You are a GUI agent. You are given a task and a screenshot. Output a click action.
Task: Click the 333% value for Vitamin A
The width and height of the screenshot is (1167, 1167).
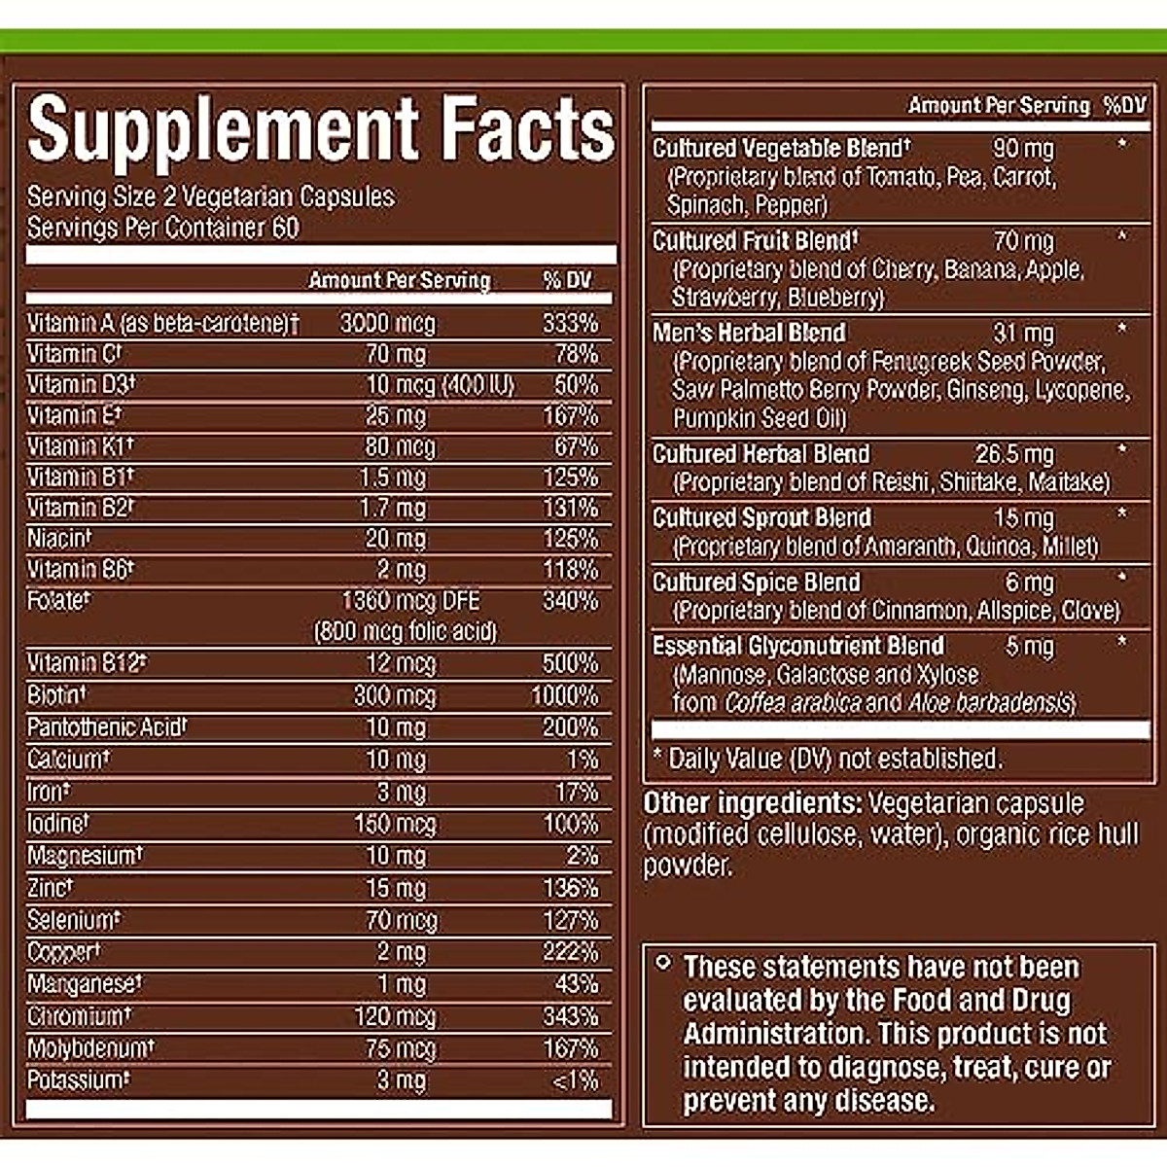570,323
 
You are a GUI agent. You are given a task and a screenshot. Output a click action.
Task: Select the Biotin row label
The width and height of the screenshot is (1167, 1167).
56,695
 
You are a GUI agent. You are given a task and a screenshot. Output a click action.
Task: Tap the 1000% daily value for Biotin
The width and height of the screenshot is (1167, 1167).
564,695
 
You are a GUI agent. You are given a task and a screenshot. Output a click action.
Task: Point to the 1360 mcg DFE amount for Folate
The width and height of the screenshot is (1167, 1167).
410,601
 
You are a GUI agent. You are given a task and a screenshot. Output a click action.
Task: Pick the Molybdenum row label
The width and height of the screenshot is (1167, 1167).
89,1048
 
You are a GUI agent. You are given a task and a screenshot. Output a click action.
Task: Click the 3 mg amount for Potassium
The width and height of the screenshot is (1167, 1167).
401,1080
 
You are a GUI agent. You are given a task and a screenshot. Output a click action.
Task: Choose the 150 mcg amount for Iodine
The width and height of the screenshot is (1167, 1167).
395,824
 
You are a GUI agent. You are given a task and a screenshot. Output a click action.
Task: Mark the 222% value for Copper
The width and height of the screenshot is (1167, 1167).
570,952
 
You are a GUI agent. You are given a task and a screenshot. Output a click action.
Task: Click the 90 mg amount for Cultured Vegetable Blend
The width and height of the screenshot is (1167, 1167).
1023,149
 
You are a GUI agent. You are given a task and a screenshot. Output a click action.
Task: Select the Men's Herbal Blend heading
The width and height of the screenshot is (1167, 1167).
749,333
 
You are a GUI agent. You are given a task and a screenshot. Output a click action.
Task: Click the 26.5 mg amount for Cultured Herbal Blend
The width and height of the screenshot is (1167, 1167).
1014,454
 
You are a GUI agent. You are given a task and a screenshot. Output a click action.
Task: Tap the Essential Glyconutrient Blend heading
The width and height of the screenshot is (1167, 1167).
797,646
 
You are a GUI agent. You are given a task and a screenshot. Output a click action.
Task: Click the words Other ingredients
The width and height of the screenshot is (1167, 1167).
752,803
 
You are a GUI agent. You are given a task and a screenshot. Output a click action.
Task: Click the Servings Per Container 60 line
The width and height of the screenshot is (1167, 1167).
163,228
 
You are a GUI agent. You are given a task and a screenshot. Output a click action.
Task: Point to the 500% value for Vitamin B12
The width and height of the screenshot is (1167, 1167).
570,663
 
